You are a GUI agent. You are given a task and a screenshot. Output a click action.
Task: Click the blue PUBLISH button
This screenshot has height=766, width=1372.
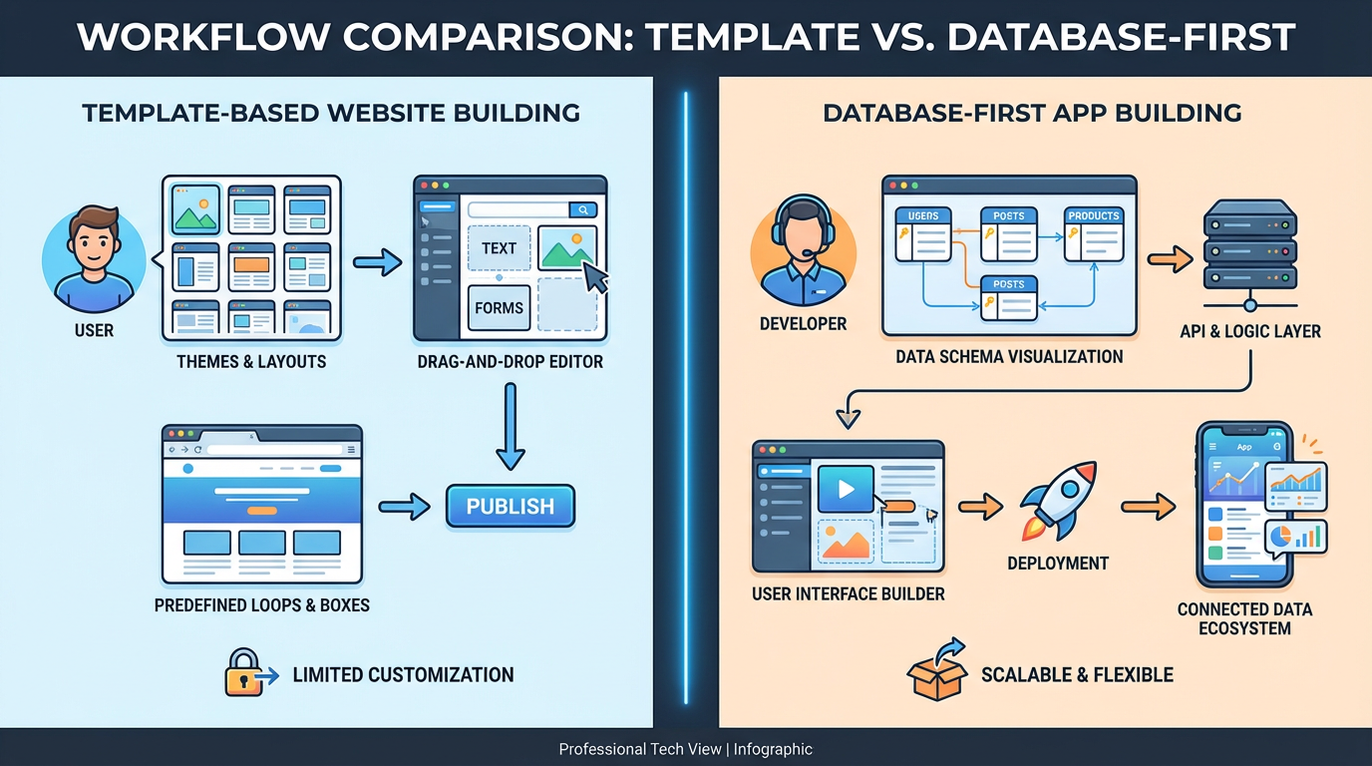tap(510, 506)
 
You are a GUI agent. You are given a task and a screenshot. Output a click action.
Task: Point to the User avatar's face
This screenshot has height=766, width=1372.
tap(94, 243)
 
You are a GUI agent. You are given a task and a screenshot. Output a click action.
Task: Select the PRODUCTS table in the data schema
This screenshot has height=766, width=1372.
tap(1094, 234)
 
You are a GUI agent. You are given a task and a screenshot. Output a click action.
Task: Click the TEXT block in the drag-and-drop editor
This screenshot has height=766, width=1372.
tap(499, 248)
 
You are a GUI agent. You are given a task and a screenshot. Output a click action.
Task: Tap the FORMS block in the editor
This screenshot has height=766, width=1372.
tap(499, 307)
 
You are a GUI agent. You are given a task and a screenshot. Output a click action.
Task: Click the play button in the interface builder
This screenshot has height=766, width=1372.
tap(846, 490)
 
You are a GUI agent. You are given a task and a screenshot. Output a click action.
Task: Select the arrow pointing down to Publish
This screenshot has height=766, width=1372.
tap(510, 426)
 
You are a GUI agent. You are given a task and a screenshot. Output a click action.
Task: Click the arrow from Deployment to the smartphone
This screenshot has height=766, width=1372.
tap(1148, 506)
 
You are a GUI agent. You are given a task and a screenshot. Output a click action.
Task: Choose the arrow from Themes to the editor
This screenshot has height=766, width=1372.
tap(376, 263)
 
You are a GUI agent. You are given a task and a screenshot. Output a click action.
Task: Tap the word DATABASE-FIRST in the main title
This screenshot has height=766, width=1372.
tap(1121, 37)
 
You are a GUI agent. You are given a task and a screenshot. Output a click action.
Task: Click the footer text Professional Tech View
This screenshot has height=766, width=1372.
tap(639, 749)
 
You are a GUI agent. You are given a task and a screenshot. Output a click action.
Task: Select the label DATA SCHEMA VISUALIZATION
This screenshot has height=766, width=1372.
tap(1009, 356)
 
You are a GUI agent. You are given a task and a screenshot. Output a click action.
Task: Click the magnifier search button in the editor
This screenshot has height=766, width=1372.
tap(582, 209)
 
